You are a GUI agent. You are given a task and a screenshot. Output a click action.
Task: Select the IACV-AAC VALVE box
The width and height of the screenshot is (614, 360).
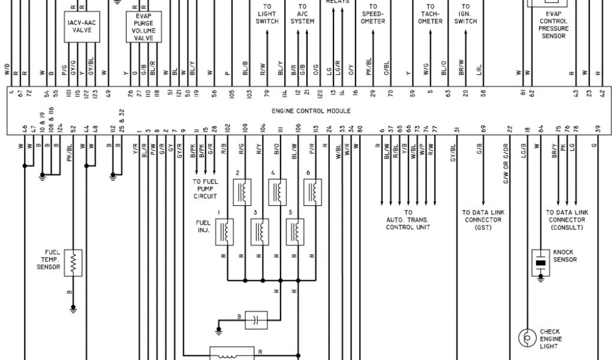tap(82, 26)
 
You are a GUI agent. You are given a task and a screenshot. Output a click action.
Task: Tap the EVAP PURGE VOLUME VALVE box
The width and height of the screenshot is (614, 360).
tap(143, 27)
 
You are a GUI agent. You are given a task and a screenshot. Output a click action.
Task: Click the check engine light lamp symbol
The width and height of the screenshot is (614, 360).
tap(527, 338)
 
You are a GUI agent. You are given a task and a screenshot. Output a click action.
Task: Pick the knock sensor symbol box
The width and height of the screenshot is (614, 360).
tap(541, 263)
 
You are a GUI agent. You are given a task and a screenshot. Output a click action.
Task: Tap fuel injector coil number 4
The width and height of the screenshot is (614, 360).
tap(277, 192)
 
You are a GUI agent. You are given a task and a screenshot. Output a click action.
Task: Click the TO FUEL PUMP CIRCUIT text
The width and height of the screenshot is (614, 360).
tap(205, 188)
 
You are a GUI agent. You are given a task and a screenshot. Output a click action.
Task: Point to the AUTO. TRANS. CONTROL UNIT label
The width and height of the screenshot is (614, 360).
tap(408, 220)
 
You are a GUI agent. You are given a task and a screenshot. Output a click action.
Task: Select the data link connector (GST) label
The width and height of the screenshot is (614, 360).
tap(483, 220)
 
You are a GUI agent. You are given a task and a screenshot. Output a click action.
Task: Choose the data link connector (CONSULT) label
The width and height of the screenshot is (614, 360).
tap(566, 220)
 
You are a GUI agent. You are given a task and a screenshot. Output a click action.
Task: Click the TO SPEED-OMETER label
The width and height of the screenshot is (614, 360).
tap(374, 14)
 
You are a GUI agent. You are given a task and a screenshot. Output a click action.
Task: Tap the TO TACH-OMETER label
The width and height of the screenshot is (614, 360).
tap(430, 14)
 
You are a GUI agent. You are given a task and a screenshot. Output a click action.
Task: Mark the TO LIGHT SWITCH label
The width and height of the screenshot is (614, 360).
tap(267, 14)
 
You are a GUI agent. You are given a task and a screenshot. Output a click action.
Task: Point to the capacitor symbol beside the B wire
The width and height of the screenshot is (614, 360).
tap(256, 320)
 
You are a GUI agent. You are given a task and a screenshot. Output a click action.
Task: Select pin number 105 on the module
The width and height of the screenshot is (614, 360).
tap(231, 94)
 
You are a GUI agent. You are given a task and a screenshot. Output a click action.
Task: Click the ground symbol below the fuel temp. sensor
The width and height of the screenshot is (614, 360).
tap(73, 309)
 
